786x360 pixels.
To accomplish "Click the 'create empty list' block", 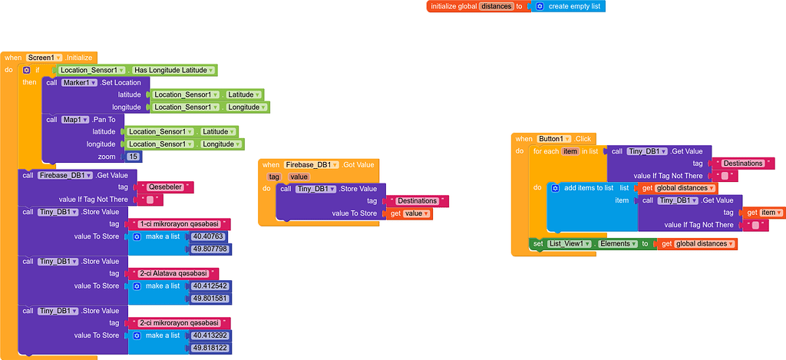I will coord(575,6).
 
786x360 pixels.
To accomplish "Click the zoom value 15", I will coord(134,157).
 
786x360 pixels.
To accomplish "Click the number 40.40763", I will coord(209,236).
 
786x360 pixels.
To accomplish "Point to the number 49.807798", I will coord(210,249).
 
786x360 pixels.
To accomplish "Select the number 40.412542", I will coord(210,286).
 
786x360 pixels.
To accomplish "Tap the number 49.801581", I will coord(210,299).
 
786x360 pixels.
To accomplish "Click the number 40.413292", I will coord(210,335).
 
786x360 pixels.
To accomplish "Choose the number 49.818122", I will coord(210,348).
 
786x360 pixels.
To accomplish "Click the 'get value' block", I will coord(408,213).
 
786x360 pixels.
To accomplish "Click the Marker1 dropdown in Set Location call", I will coord(79,82).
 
